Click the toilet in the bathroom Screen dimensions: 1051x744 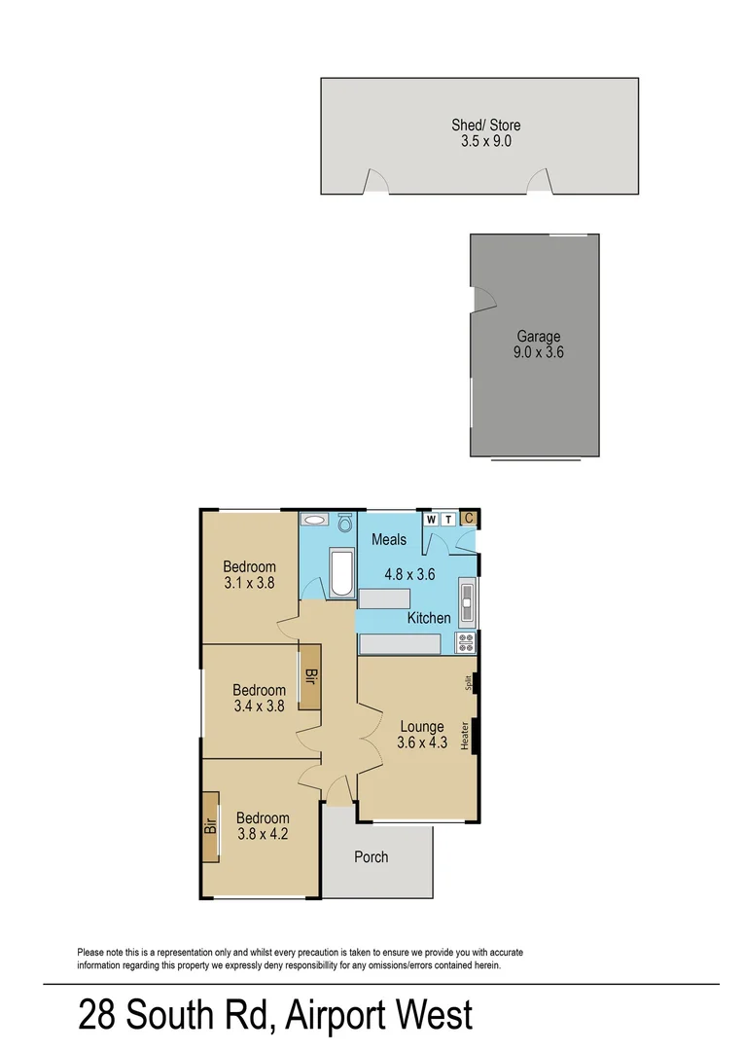click(x=343, y=523)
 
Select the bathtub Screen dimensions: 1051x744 click(x=343, y=574)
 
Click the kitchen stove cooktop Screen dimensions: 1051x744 click(x=466, y=642)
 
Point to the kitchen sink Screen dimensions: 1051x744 click(x=466, y=600)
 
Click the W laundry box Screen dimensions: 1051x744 click(x=431, y=519)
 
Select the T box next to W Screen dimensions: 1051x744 click(x=447, y=519)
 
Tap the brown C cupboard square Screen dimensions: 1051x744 click(x=468, y=519)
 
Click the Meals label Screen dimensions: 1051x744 click(x=389, y=539)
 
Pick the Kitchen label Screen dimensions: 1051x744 click(x=429, y=618)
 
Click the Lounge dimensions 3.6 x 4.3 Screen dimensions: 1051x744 click(x=421, y=743)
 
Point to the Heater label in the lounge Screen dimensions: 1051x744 click(x=466, y=736)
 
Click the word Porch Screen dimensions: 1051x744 click(x=372, y=856)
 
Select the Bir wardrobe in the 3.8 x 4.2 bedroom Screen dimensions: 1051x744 click(x=210, y=826)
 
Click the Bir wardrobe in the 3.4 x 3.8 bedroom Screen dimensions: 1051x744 click(x=311, y=676)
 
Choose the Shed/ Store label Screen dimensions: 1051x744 click(x=485, y=125)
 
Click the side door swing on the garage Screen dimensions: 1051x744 click(x=480, y=300)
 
